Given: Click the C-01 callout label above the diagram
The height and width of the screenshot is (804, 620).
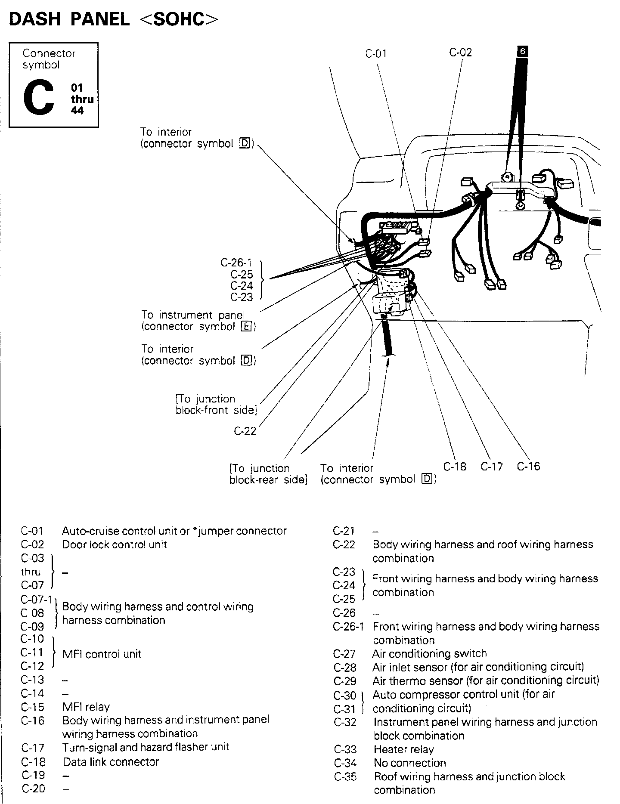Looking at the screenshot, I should [376, 54].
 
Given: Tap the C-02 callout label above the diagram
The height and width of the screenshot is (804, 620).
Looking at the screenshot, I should [460, 53].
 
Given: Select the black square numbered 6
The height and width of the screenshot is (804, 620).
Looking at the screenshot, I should [522, 52].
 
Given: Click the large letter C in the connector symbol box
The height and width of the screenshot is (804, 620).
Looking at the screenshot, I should [39, 98].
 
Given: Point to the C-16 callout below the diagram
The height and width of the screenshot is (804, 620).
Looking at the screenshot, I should [528, 467].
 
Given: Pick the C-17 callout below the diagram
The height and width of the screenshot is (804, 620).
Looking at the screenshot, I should [492, 467].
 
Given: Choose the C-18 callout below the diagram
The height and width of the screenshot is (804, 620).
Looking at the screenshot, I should [455, 467].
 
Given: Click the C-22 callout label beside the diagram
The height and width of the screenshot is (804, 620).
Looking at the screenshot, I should [245, 431].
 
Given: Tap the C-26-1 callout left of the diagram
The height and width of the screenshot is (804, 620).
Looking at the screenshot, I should [236, 263].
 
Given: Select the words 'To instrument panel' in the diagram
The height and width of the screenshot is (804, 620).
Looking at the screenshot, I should [193, 315].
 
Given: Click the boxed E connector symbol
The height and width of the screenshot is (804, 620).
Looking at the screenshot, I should [246, 327].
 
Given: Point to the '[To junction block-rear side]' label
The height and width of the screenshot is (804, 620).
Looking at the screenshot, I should [268, 474].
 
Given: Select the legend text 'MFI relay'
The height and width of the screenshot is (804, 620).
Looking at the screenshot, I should [86, 707].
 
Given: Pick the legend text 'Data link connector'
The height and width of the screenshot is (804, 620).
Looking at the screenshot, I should [111, 762].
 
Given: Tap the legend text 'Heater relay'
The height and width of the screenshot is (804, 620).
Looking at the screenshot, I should [403, 749].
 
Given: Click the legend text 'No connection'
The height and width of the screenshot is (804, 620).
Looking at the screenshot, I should [409, 763].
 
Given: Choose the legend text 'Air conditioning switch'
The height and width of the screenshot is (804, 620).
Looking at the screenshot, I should [429, 653].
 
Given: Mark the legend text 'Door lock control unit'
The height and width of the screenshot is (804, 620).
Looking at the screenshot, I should [114, 544].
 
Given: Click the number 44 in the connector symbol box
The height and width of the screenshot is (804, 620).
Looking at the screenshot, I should [77, 111].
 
